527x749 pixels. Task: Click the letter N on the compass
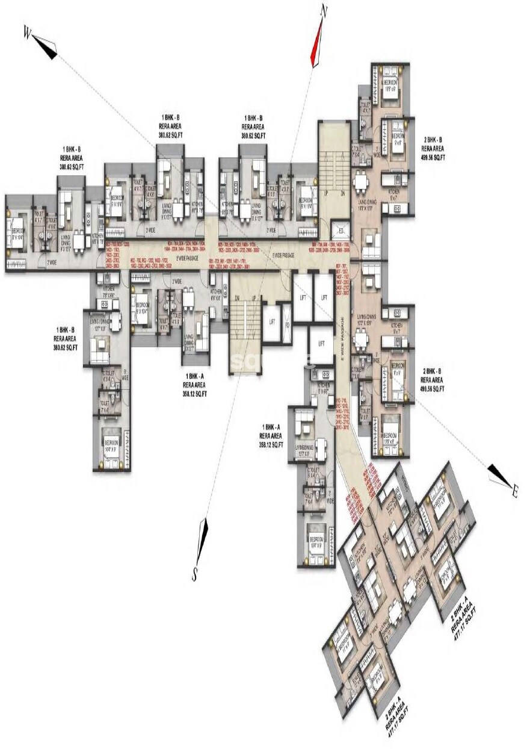pos(324,11)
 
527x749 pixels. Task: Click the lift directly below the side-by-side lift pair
pos(322,343)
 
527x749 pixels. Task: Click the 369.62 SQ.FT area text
pos(253,137)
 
